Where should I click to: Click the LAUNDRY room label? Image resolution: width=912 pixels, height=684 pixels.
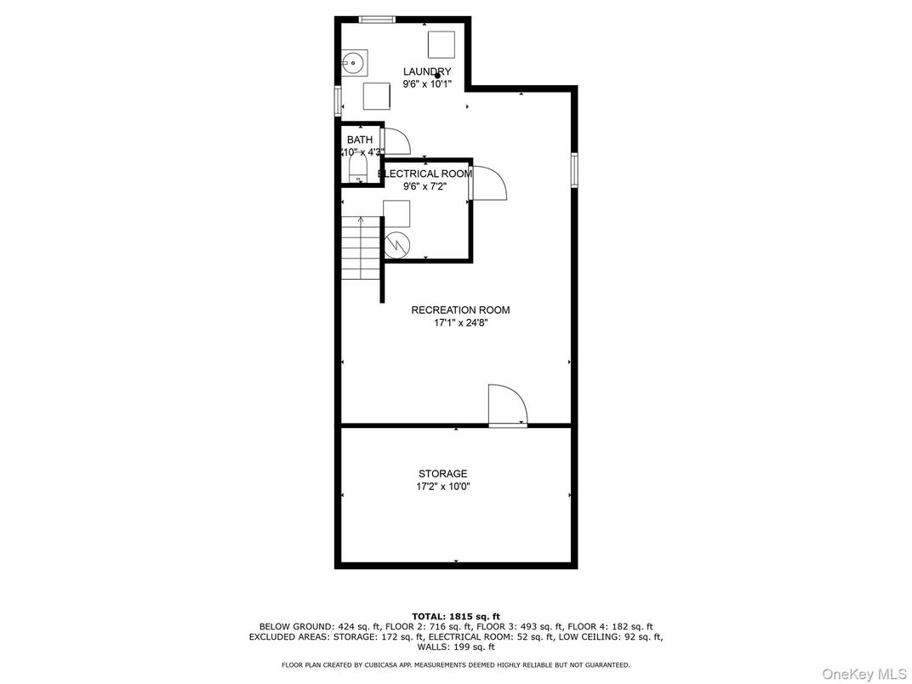427,71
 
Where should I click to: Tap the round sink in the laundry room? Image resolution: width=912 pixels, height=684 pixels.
355,62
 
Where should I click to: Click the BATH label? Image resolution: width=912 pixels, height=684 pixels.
359,140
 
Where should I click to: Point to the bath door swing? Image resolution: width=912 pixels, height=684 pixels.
396,141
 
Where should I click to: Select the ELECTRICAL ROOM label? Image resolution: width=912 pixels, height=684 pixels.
425,174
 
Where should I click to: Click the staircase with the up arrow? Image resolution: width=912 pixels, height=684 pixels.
361,248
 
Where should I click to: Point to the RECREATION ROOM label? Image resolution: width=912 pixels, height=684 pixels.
460,311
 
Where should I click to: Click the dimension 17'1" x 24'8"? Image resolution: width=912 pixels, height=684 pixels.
460,323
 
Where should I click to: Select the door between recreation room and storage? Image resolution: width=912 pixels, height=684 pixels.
507,406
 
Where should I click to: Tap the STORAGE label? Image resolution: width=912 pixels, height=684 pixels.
442,474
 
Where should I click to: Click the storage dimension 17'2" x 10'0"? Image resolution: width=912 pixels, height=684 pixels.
442,487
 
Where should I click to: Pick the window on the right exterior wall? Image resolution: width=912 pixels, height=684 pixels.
574,168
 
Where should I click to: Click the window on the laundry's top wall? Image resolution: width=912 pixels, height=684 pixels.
377,20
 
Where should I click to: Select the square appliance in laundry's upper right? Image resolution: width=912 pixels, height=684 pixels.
441,43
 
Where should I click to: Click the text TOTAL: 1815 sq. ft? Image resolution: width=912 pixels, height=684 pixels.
456,616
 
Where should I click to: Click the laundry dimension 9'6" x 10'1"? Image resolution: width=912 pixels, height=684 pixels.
427,84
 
